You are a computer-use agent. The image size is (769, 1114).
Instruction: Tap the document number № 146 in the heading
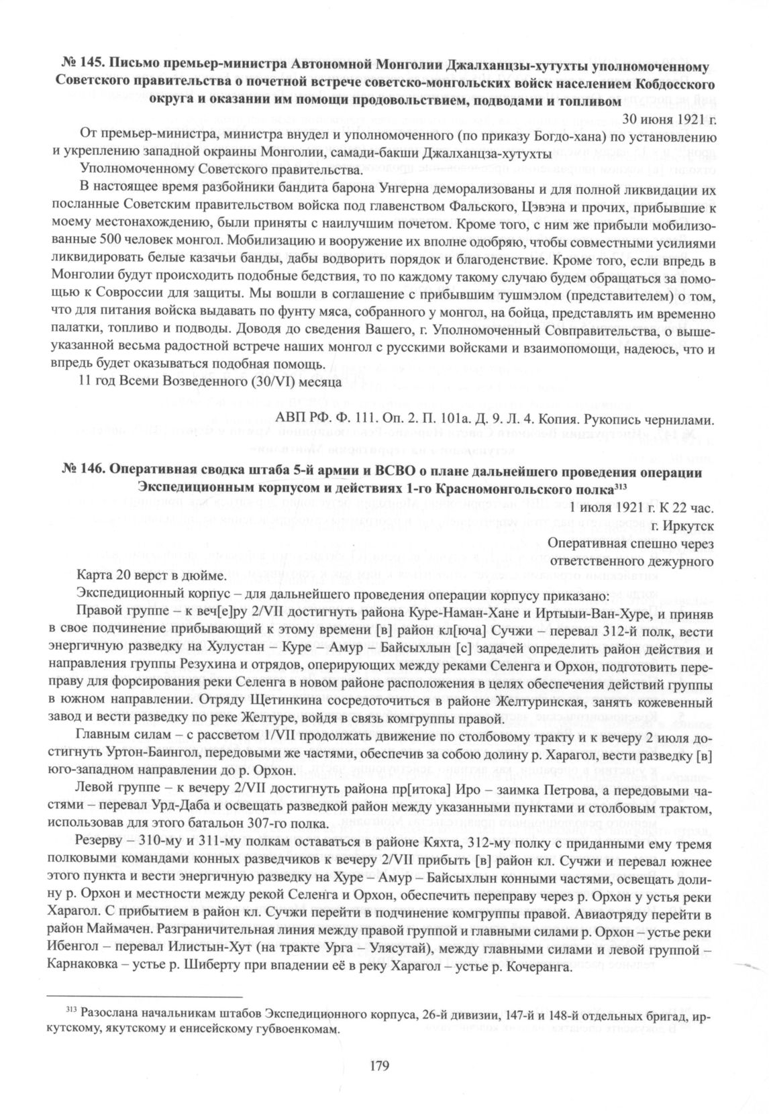tap(82, 472)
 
